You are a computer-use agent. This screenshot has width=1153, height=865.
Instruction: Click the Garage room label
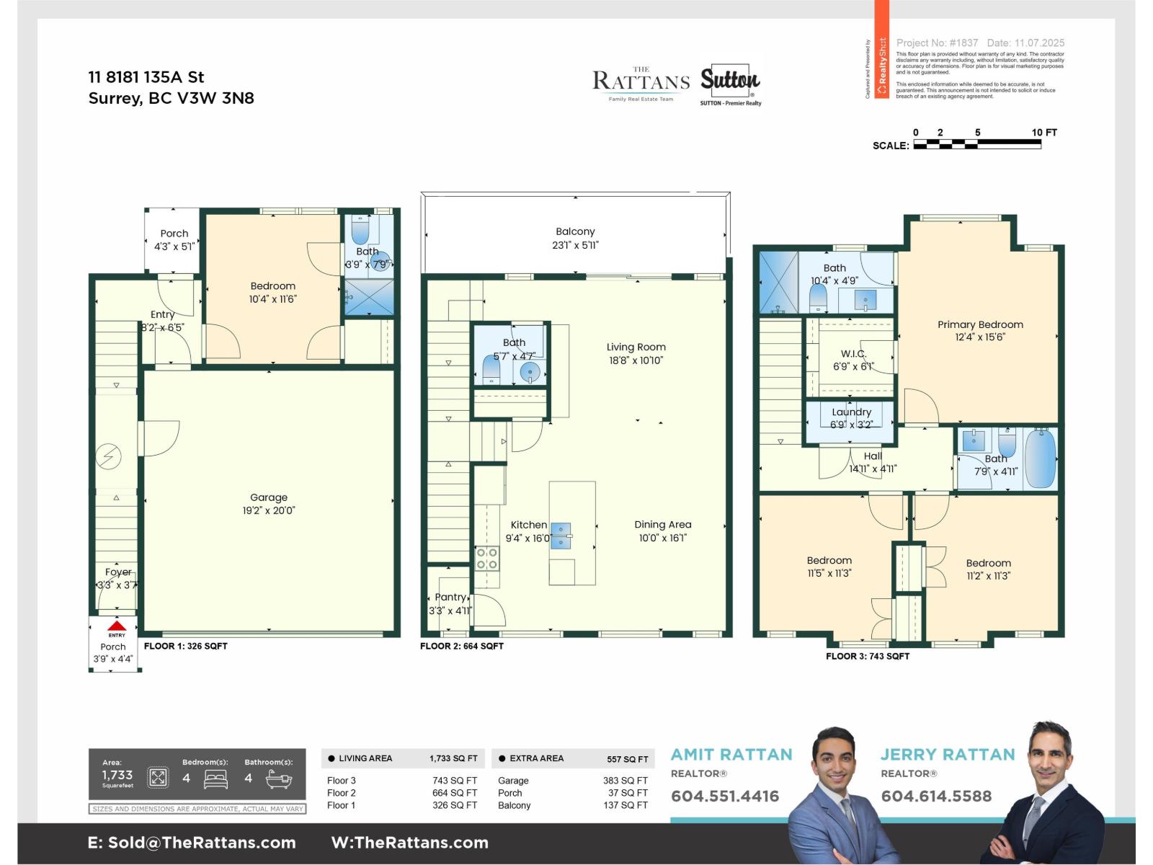(x=269, y=497)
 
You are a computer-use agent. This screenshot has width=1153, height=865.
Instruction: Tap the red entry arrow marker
(x=117, y=626)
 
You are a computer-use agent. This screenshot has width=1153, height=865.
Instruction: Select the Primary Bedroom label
(x=980, y=324)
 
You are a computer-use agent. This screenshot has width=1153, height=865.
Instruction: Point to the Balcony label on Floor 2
(x=575, y=231)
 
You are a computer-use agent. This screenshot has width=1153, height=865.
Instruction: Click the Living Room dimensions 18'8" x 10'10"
(x=636, y=360)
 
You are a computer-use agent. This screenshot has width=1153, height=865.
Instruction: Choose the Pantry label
(x=450, y=597)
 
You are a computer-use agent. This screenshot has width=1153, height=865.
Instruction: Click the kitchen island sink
(x=561, y=536)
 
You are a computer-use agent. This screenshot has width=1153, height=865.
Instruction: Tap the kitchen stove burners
(x=486, y=559)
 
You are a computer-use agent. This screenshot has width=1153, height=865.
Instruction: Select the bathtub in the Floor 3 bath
(x=1040, y=458)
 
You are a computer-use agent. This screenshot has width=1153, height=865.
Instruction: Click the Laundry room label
(x=851, y=412)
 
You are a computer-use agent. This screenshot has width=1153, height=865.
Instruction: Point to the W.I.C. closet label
(x=853, y=354)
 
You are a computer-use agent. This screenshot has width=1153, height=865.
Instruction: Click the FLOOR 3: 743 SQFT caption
(x=868, y=657)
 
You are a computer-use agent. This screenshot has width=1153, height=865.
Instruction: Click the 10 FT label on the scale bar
(x=1044, y=133)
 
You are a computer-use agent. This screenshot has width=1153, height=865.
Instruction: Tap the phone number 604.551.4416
(x=725, y=797)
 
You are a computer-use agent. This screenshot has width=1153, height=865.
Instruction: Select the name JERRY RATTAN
(x=948, y=755)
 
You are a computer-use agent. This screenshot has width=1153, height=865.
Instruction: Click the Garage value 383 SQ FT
(x=625, y=781)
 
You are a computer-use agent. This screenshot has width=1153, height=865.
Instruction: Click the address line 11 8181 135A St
(x=146, y=77)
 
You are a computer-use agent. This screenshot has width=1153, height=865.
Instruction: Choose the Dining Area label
(x=662, y=525)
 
